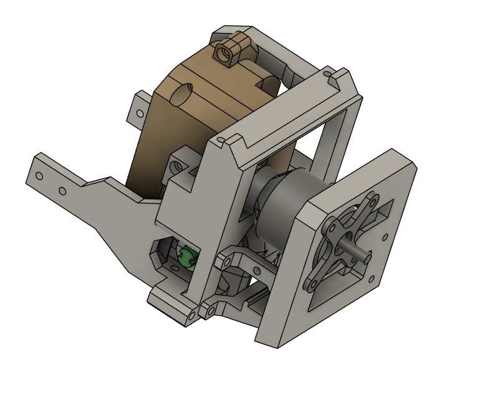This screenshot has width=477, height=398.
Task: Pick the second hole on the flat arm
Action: tap(62, 190)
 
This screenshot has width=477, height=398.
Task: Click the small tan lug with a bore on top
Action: tap(228, 52)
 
